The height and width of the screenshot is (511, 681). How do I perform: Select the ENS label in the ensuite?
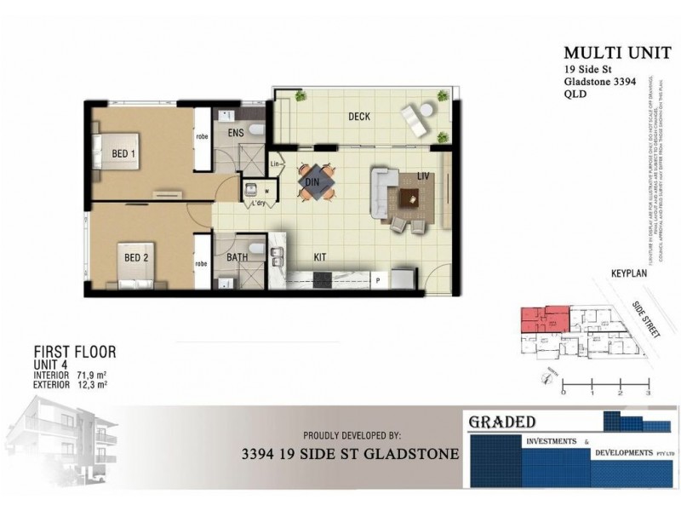[x=236, y=133]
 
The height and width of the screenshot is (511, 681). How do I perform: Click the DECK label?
[x=358, y=117]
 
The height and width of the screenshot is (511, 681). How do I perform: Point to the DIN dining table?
[x=316, y=181]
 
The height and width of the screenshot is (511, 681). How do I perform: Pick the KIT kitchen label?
[x=321, y=255]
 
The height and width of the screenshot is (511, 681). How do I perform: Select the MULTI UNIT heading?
[x=604, y=52]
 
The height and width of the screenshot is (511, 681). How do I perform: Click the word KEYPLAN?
[x=630, y=274]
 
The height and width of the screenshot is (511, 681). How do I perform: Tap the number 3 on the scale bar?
[x=649, y=394]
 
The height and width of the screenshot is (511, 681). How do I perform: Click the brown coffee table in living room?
[x=410, y=198]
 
